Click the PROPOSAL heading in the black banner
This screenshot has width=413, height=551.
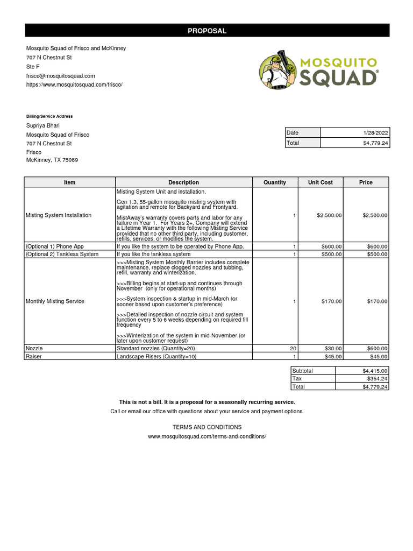[206, 31]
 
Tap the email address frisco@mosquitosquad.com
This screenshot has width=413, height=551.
[61, 76]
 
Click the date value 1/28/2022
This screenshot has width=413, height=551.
[376, 133]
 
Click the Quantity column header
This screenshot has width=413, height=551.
[274, 182]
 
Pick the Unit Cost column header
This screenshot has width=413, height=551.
[320, 182]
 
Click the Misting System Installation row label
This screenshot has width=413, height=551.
[59, 215]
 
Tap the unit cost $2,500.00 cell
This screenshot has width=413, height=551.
[329, 215]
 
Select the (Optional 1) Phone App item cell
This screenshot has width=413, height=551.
[55, 246]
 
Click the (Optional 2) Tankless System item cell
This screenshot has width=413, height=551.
[62, 254]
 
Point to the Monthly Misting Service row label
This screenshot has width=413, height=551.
[55, 301]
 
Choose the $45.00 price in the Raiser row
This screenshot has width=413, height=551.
[378, 356]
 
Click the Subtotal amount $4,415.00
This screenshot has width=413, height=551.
[375, 371]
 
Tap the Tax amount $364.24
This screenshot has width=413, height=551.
[378, 379]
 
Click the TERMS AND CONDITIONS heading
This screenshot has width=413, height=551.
[206, 427]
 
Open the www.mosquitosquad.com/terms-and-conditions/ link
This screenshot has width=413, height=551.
[206, 436]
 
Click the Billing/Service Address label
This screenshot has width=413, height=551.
[49, 116]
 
